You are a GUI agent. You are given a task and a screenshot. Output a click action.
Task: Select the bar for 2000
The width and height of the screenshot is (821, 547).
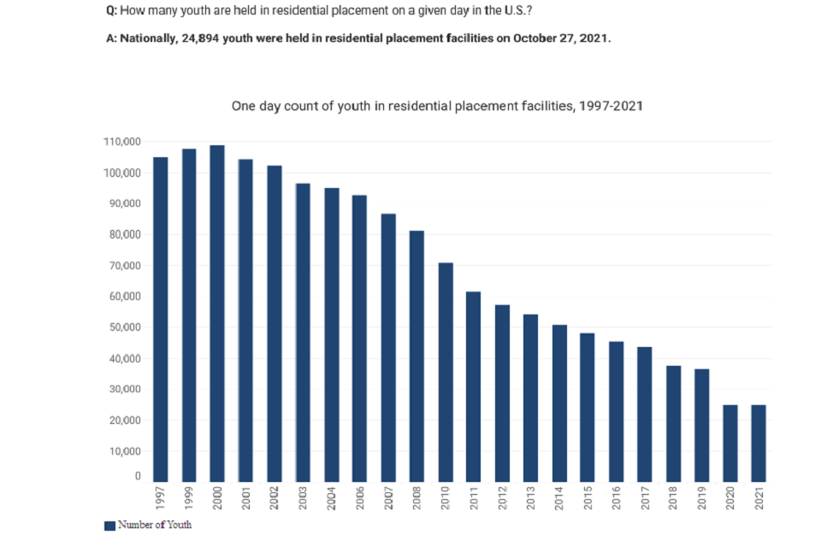tap(217, 313)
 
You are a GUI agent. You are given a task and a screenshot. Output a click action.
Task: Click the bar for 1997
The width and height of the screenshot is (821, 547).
tap(161, 319)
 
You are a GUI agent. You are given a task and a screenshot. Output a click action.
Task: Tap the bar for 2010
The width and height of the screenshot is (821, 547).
tap(446, 372)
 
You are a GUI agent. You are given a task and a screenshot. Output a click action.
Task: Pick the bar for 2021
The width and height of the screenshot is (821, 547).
tap(759, 443)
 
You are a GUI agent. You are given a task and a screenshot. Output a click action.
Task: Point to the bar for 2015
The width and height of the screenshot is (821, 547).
tap(588, 407)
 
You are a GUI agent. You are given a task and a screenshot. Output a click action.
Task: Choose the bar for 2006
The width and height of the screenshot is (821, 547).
tap(360, 338)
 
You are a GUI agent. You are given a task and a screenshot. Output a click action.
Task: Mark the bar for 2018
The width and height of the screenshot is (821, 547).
tap(673, 423)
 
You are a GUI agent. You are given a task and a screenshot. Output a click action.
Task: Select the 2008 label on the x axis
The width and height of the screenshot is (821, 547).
tap(417, 498)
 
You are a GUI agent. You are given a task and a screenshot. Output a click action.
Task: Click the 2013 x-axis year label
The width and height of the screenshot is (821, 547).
tap(531, 498)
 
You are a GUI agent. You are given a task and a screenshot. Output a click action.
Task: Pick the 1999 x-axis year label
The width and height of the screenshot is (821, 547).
tap(189, 498)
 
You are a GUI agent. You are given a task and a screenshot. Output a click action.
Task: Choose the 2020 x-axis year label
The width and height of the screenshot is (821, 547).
tap(730, 498)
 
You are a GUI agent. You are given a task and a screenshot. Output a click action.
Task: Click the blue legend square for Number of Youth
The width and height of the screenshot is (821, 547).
tap(109, 526)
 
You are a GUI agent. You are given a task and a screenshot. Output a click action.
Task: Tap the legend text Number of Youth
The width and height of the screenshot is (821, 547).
tap(155, 525)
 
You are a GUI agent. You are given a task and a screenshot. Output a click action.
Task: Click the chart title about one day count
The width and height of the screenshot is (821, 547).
tap(437, 106)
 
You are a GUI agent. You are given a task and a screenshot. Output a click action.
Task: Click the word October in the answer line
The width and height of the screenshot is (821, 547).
tap(536, 39)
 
